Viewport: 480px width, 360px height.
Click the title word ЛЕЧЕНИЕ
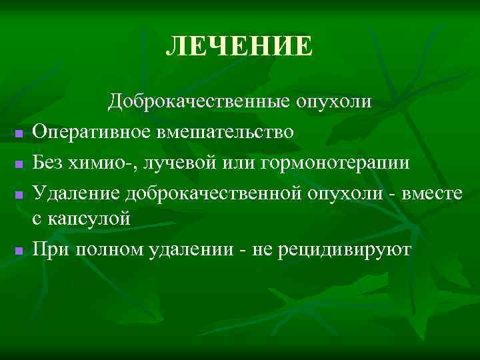click(239, 47)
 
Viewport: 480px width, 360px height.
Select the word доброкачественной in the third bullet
click(213, 193)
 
